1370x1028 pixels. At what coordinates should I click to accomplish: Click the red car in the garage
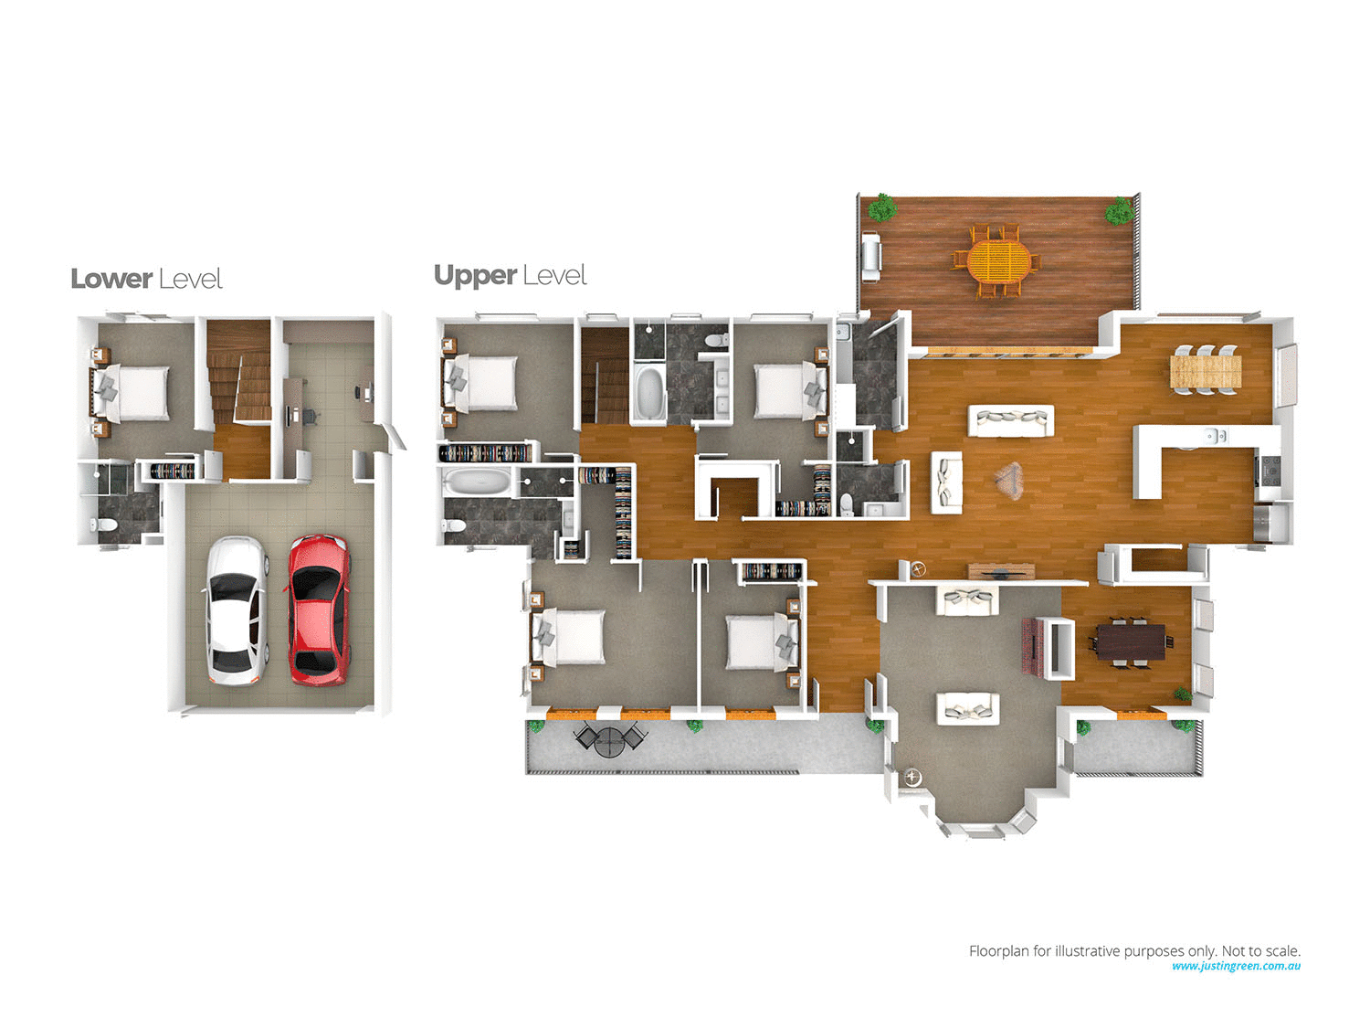[x=319, y=609]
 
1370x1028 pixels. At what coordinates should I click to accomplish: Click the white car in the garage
[x=236, y=610]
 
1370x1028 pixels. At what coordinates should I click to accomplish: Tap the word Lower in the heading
[x=111, y=279]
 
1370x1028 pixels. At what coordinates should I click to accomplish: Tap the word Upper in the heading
[x=475, y=275]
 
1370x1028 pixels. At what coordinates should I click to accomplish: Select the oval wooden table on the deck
[x=998, y=261]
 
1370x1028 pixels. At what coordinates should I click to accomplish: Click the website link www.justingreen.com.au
[x=1236, y=966]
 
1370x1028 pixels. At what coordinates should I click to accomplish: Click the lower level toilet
[x=103, y=525]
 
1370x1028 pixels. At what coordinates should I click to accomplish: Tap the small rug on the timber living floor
[x=1008, y=480]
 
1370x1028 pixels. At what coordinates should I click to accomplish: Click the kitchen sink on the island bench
[x=1213, y=436]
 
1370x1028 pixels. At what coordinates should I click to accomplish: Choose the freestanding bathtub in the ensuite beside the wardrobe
[x=472, y=482]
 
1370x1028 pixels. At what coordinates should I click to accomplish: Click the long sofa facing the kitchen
[x=1010, y=420]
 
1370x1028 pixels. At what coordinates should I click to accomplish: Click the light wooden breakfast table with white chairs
[x=1206, y=370]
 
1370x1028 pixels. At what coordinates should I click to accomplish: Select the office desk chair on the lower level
[x=308, y=416]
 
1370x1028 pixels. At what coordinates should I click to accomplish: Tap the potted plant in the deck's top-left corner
[x=881, y=207]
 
